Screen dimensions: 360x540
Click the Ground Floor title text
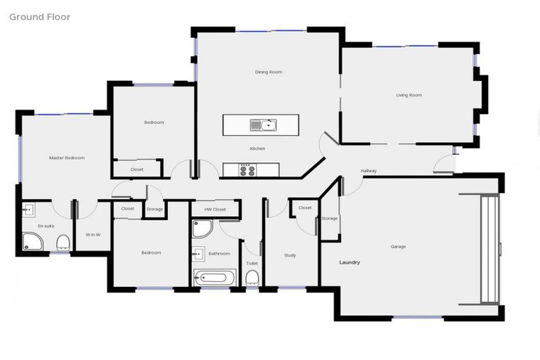(39, 16)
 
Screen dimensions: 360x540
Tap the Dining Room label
(268, 72)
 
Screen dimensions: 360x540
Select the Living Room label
(409, 95)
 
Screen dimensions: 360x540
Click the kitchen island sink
(263, 125)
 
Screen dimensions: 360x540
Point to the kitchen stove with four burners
(248, 169)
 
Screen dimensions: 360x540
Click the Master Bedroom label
(67, 157)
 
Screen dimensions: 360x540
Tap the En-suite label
(46, 226)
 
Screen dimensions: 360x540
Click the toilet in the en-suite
(63, 243)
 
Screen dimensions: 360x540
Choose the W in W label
(93, 234)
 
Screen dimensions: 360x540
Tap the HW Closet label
(215, 210)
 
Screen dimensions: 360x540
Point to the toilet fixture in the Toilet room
(252, 278)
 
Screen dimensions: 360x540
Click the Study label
(290, 255)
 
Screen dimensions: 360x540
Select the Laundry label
(349, 262)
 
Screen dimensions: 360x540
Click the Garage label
(399, 246)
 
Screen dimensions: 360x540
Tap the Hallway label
(368, 171)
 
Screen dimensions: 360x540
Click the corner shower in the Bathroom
(202, 229)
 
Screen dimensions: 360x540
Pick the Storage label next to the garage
(329, 219)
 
